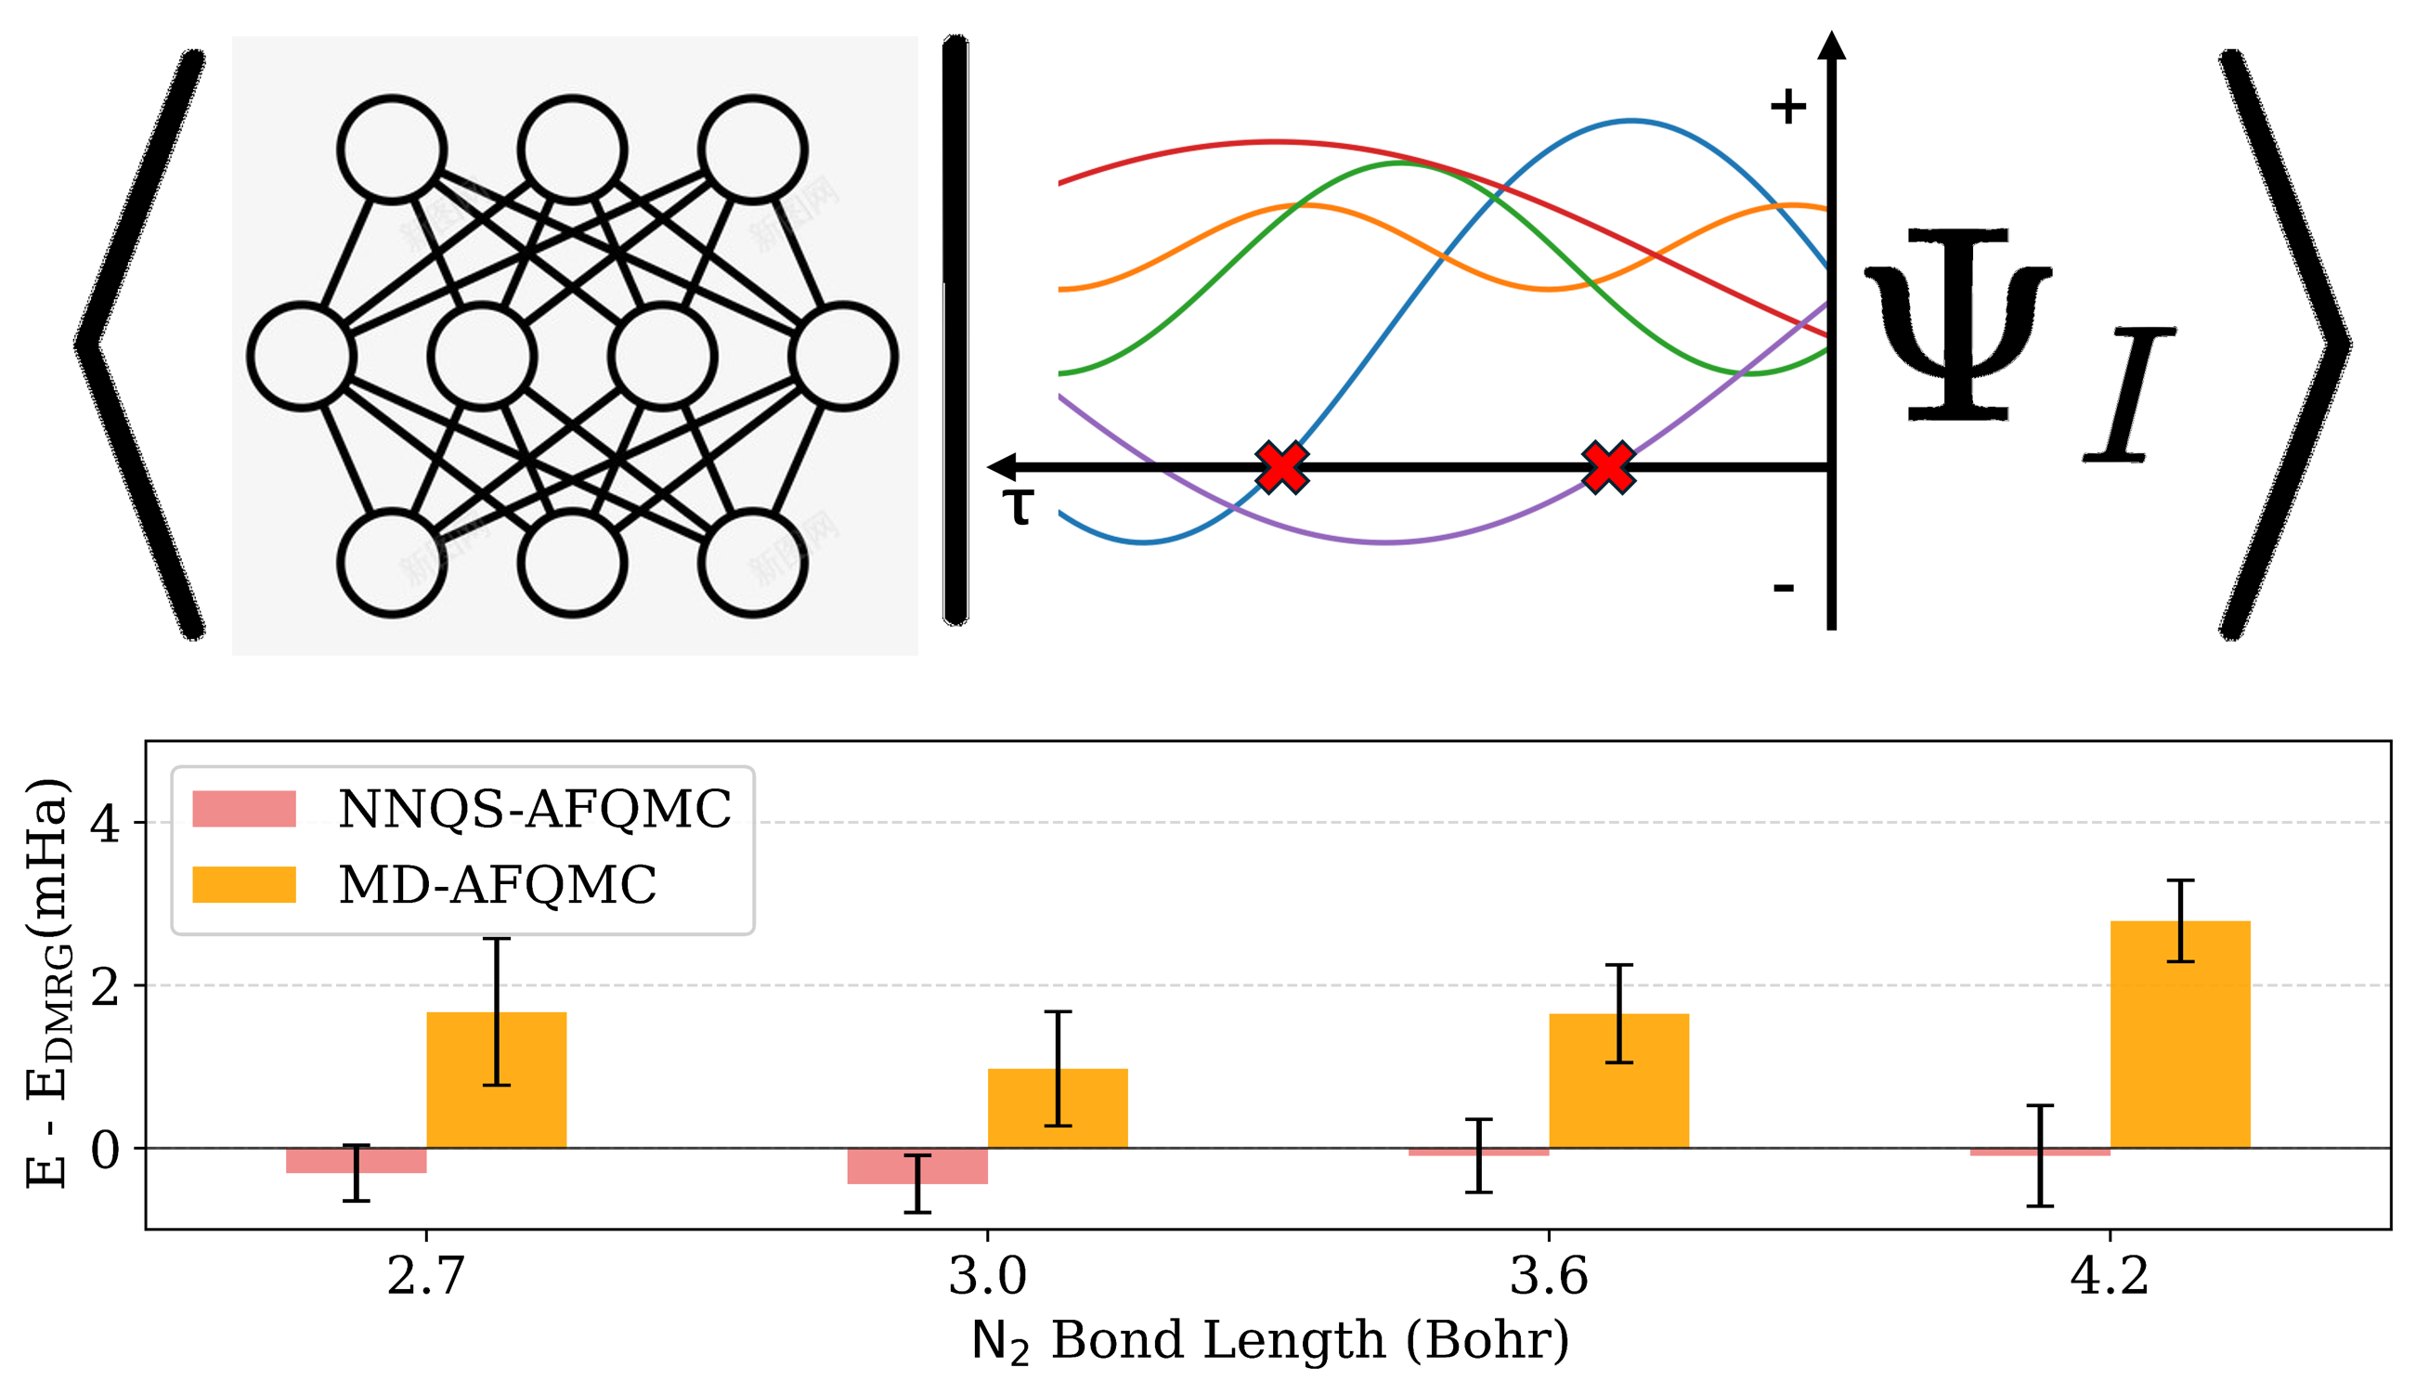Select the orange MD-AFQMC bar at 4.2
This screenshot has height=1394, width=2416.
pyautogui.click(x=2180, y=1034)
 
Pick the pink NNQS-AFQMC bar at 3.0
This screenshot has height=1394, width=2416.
pyautogui.click(x=917, y=1166)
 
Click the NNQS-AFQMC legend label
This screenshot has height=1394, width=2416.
pyautogui.click(x=534, y=809)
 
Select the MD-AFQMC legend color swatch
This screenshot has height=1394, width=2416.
pyautogui.click(x=244, y=885)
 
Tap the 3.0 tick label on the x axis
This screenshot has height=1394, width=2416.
pyautogui.click(x=987, y=1276)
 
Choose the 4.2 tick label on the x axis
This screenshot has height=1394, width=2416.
pyautogui.click(x=2109, y=1276)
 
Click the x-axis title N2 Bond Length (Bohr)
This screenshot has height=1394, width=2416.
pyautogui.click(x=1269, y=1340)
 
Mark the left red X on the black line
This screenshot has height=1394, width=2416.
pyautogui.click(x=1281, y=467)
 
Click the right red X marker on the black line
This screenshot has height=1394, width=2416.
pyautogui.click(x=1608, y=467)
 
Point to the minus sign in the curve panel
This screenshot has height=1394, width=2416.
pyautogui.click(x=1784, y=587)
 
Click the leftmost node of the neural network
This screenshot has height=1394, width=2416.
pyautogui.click(x=303, y=356)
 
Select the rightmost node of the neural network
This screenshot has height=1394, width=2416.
pyautogui.click(x=843, y=356)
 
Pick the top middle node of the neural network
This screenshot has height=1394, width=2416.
pyautogui.click(x=572, y=150)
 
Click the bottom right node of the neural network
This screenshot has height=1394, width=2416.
pyautogui.click(x=752, y=564)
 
